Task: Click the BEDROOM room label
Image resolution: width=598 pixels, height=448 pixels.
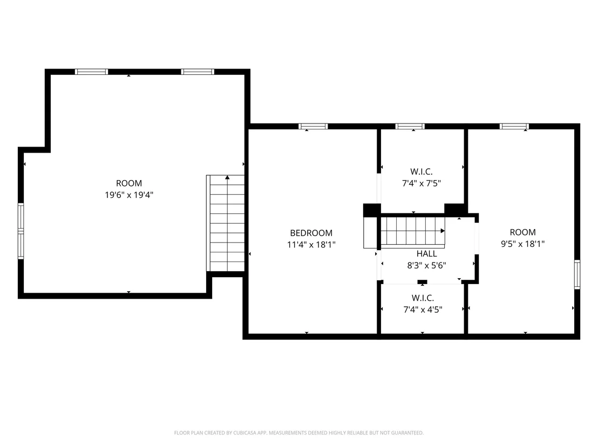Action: [311, 233]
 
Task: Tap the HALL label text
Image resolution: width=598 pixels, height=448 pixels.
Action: [426, 254]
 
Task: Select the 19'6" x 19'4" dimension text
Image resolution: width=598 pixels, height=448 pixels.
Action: [129, 195]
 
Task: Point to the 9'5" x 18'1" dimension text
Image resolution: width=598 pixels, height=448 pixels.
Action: [522, 244]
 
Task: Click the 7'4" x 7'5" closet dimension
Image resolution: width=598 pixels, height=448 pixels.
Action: [422, 183]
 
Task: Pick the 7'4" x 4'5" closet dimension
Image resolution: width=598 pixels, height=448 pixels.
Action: [423, 309]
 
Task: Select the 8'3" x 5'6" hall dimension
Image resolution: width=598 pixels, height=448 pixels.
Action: [426, 266]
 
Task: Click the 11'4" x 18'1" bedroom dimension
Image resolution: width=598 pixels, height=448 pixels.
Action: [311, 245]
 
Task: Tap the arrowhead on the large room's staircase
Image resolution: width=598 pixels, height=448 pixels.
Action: [227, 177]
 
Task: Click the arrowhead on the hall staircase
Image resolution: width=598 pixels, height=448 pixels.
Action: [443, 231]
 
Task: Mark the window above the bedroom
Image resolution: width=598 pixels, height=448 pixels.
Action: [313, 127]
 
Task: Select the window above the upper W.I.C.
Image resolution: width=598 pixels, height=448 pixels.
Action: [410, 127]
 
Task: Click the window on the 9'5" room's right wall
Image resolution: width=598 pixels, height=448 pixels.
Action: [577, 274]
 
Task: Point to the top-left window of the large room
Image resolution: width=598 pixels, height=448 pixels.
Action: [92, 72]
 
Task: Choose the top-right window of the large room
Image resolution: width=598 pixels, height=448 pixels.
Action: [198, 72]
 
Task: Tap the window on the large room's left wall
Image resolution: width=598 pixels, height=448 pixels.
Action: [21, 231]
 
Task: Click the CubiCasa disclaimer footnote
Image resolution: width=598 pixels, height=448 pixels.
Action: [299, 433]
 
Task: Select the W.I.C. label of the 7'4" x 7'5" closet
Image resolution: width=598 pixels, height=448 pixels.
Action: [422, 172]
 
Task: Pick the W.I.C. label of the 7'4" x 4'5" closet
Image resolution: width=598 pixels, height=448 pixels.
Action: [423, 298]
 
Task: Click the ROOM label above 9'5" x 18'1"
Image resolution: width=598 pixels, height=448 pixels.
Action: [522, 232]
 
